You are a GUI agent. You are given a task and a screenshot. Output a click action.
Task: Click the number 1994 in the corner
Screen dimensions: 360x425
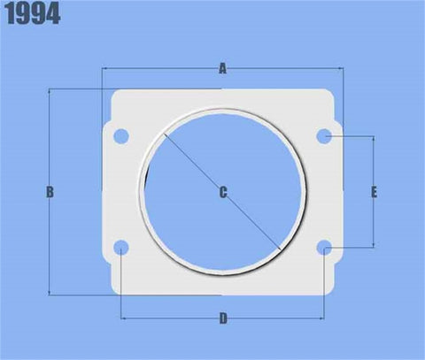(33, 15)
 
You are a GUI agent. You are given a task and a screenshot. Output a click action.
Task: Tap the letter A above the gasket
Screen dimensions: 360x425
(222, 68)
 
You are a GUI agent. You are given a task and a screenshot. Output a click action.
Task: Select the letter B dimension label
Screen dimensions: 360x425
(50, 192)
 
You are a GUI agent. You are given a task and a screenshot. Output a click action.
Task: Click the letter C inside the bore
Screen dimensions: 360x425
(222, 192)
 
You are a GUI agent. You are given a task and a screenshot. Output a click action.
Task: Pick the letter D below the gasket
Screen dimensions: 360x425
(222, 318)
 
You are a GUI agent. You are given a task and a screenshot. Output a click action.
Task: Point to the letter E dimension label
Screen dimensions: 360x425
(375, 192)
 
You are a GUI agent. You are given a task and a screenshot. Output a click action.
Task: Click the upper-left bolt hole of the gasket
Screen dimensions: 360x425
(122, 136)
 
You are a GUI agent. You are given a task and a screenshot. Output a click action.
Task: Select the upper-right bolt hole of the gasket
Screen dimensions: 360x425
(325, 136)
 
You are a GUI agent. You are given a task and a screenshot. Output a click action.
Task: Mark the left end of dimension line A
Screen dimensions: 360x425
(104, 68)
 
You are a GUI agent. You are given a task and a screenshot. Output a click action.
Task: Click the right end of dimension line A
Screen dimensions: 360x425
(343, 68)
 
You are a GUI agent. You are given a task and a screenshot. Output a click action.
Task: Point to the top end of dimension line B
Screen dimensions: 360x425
(50, 89)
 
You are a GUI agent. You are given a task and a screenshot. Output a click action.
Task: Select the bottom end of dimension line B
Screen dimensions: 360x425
(50, 294)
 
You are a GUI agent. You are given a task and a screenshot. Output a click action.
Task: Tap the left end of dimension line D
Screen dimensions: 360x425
(122, 318)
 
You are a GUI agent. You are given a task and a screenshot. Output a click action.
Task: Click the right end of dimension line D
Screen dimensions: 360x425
(325, 318)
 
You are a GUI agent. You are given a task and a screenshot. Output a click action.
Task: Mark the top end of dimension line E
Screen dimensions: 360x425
(375, 137)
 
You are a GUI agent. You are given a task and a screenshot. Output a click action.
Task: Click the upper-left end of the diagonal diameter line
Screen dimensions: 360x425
(164, 134)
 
